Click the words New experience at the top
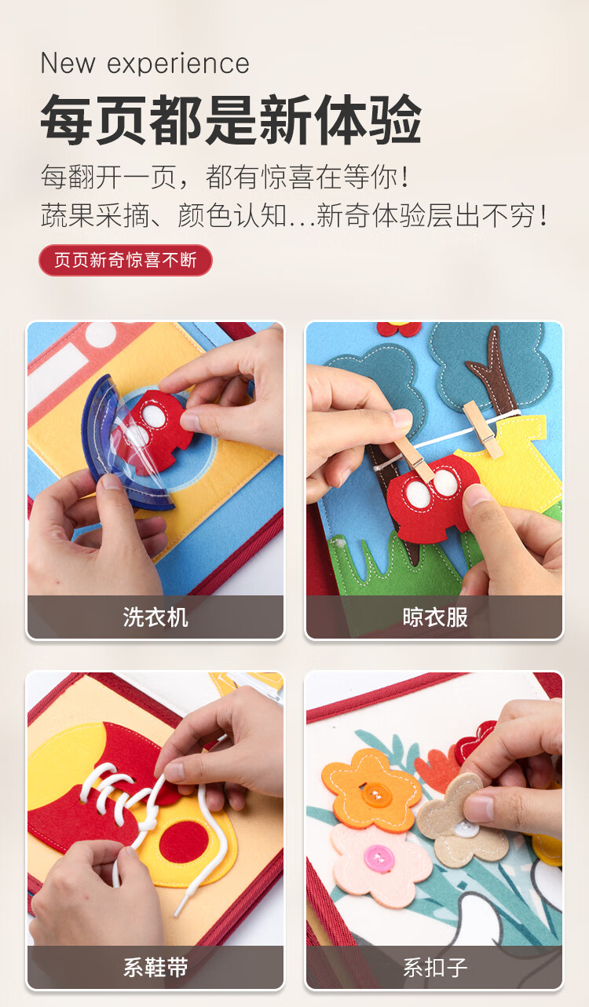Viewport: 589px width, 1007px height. [145, 64]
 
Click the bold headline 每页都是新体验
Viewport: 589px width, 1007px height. [231, 119]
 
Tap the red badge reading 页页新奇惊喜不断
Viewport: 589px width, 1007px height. [126, 260]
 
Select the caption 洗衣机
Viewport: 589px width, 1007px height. [155, 617]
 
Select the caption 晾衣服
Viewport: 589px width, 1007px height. [435, 617]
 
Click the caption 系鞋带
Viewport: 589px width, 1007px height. [155, 968]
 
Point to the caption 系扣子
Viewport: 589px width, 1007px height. [435, 968]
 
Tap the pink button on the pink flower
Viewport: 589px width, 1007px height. [378, 859]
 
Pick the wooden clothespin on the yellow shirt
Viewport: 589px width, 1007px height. [483, 430]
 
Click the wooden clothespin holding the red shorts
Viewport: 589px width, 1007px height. [413, 458]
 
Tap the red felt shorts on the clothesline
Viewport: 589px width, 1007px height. [432, 499]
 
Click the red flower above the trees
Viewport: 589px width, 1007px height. [399, 329]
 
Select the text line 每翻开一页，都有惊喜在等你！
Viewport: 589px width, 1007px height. [225, 177]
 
